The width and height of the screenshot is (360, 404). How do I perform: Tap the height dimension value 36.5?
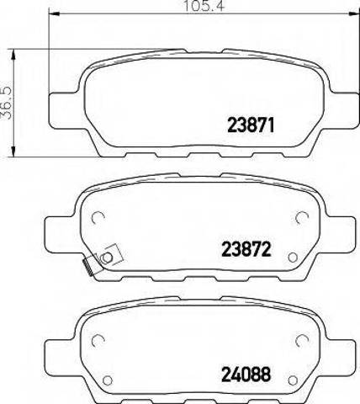point(7,102)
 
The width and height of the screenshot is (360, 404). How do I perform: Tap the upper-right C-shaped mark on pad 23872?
point(299,217)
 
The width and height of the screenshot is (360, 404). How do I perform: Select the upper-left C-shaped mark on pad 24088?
point(98,338)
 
